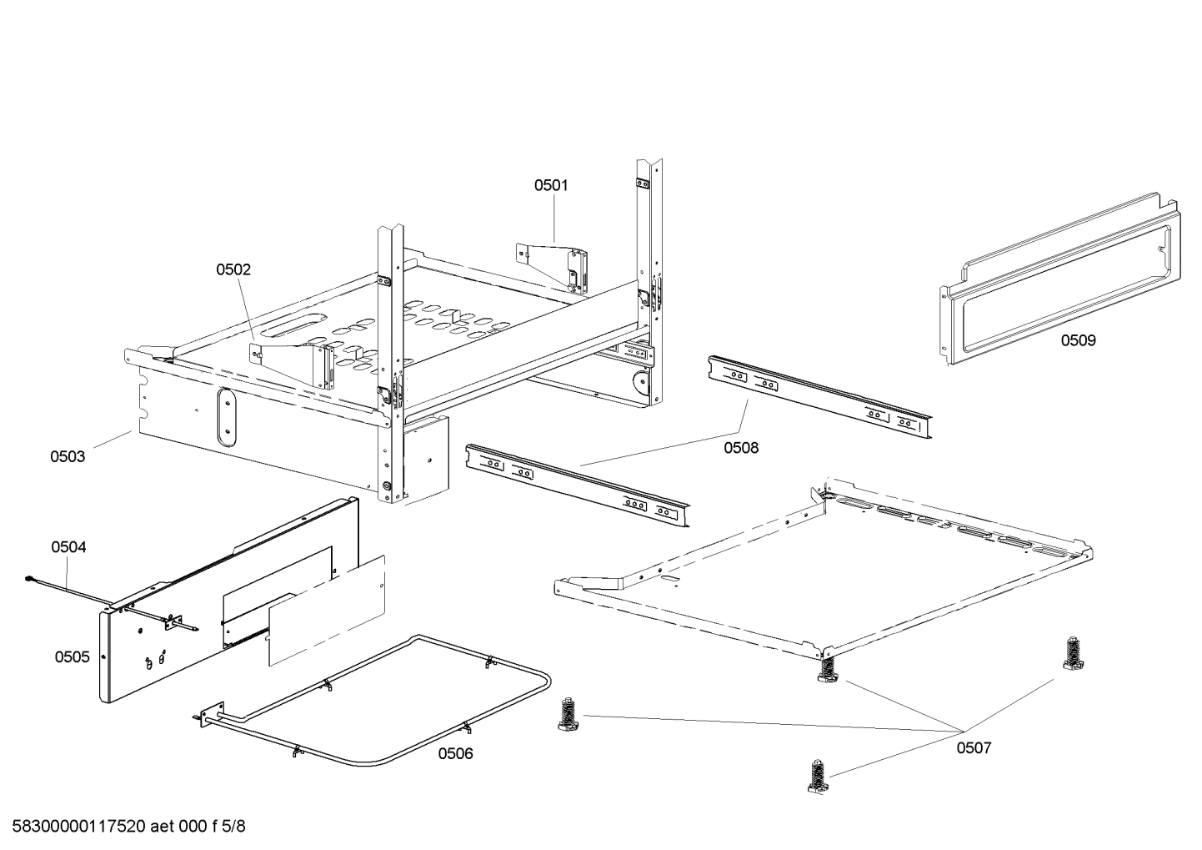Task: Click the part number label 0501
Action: coord(551,185)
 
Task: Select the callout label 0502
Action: coord(233,269)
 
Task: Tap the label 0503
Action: coord(68,456)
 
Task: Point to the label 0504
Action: coord(68,547)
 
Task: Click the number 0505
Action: coord(73,657)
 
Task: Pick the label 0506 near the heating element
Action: coord(456,754)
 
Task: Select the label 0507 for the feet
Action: coord(974,748)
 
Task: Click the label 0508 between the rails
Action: coord(741,448)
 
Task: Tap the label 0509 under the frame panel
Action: coord(1079,340)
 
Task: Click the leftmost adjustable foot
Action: coord(568,715)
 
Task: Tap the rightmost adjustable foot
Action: coord(1073,654)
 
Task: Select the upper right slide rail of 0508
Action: coord(819,397)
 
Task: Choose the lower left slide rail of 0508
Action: coord(578,485)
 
